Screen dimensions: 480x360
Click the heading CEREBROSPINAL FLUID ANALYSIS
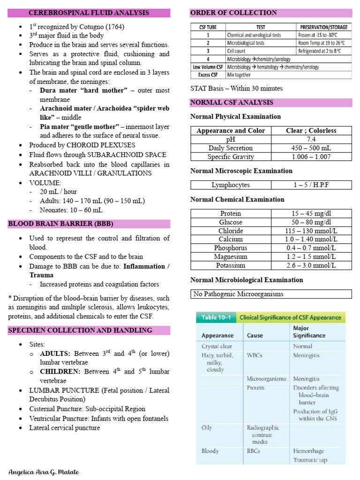click(89, 13)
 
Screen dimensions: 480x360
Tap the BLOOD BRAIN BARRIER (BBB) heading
click(60, 224)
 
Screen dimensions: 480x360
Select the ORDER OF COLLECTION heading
click(226, 13)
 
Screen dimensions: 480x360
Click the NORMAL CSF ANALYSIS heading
click(232, 102)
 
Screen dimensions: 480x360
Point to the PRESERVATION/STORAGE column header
click(324, 27)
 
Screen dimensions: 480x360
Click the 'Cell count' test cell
click(238, 51)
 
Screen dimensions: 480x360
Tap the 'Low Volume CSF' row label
click(208, 67)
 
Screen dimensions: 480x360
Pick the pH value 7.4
click(311, 139)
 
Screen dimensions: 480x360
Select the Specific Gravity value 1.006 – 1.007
click(311, 157)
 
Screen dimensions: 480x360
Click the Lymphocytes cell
click(231, 185)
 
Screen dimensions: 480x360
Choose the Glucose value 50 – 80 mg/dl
click(311, 222)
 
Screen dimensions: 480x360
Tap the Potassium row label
click(231, 265)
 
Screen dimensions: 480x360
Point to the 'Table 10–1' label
click(216, 317)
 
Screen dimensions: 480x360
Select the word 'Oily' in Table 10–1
click(207, 427)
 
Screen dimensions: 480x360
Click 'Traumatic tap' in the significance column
click(310, 460)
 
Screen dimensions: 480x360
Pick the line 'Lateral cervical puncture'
click(65, 427)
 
